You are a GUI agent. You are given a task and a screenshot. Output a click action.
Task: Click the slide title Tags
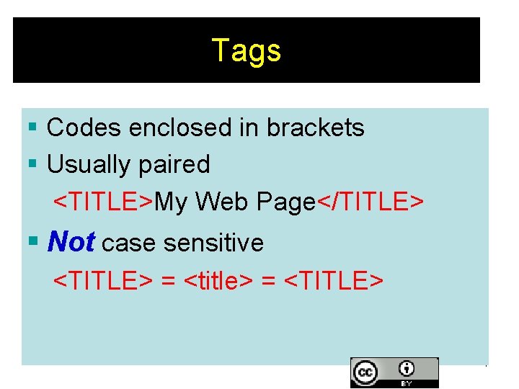point(247,51)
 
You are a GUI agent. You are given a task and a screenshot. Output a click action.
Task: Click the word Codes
point(84,128)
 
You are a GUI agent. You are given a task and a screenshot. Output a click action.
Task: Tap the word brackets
point(316,128)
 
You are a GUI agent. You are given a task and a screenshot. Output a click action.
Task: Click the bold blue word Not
point(71,243)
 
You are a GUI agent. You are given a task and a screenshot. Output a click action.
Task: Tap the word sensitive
point(214,243)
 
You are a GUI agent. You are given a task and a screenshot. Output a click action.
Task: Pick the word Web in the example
point(220,202)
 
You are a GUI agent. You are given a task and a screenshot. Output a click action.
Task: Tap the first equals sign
point(168,280)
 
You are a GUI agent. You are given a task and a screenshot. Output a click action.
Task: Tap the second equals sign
point(269,280)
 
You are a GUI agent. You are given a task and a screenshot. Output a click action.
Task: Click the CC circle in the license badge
point(365,373)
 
